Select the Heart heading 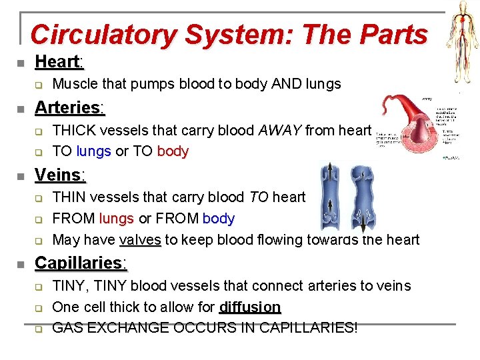(x=58, y=62)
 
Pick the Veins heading (x=59, y=175)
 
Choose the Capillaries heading (x=80, y=263)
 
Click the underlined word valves (x=140, y=240)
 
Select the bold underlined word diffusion (x=250, y=307)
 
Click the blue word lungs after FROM (x=117, y=219)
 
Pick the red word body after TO (x=173, y=151)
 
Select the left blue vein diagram (x=331, y=197)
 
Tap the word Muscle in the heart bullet (x=73, y=84)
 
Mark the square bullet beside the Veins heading (x=21, y=177)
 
